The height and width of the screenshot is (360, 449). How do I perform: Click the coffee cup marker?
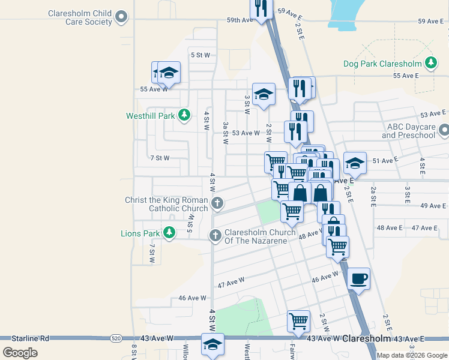[358, 279]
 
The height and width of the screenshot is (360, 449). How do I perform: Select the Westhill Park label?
[150, 116]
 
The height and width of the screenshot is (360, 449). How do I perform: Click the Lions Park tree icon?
[170, 232]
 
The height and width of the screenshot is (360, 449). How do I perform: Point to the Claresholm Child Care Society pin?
[121, 17]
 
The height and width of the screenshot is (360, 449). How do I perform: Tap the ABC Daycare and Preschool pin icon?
[444, 130]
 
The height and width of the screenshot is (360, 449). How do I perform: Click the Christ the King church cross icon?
[217, 204]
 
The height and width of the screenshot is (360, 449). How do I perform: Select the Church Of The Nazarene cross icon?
[215, 236]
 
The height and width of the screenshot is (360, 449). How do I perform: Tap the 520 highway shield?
[115, 339]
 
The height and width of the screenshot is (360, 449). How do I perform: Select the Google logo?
[20, 352]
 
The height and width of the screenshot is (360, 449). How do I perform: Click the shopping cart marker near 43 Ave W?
[298, 320]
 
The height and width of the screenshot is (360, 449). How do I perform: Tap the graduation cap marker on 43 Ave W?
[212, 344]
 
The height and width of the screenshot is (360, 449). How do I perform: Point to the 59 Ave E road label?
[431, 21]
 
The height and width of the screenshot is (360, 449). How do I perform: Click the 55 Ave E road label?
[405, 76]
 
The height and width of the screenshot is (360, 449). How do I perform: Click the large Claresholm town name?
[369, 339]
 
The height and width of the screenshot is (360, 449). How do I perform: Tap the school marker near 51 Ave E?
[355, 163]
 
